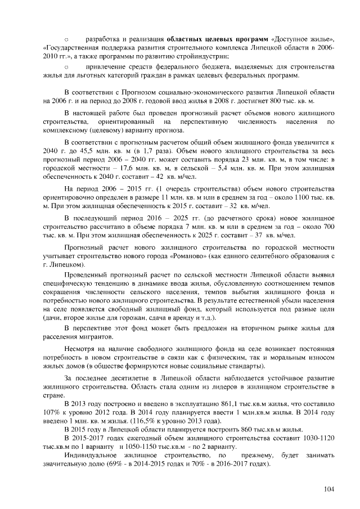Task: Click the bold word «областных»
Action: tap(187, 39)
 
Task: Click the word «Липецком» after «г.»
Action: tap(67, 264)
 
